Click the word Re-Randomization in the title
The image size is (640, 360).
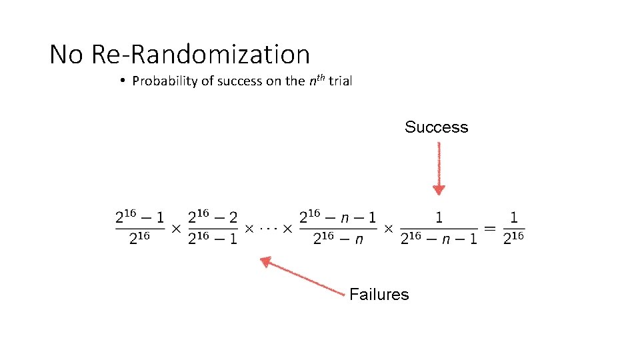pos(200,54)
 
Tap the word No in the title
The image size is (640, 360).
pos(66,54)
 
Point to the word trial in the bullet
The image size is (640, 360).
pos(339,81)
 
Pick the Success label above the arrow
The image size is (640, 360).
pos(436,127)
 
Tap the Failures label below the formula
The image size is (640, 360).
pos(379,295)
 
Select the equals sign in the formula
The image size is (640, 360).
pos(490,228)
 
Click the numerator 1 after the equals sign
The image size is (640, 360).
pos(513,217)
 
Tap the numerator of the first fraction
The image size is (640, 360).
pos(140,217)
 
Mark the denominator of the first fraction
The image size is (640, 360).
pos(140,239)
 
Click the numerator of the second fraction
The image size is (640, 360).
pos(213,217)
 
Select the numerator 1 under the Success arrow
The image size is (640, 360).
pos(439,217)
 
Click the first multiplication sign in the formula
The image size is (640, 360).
pos(176,228)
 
